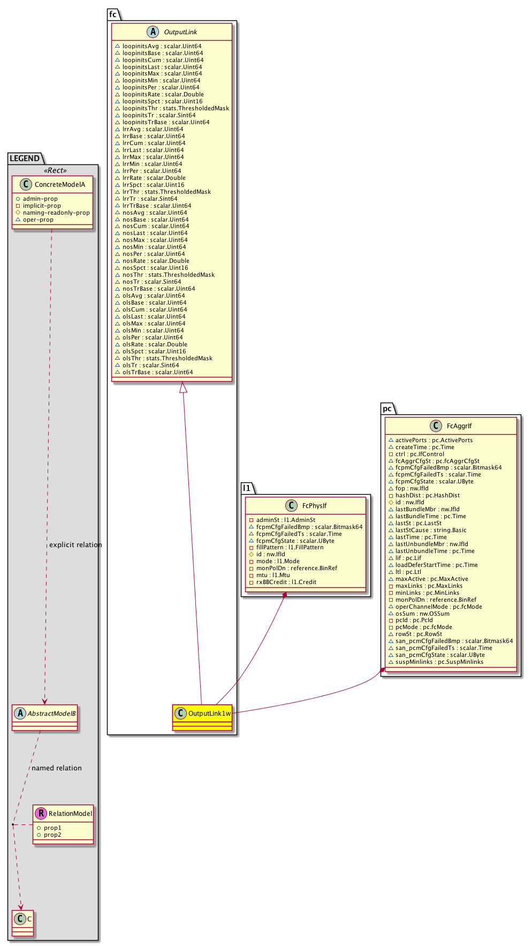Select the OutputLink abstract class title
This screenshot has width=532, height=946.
tap(180, 32)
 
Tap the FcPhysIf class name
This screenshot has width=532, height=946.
tap(314, 506)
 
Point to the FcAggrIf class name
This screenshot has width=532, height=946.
tap(459, 426)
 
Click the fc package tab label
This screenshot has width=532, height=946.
tap(113, 14)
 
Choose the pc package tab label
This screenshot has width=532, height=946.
tap(387, 408)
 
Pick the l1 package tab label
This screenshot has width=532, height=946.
tap(247, 488)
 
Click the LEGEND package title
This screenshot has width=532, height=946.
tap(25, 158)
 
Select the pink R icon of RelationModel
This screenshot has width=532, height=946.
tap(41, 814)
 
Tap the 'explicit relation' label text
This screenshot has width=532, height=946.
tap(75, 545)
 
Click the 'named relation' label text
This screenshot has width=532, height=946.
tap(57, 768)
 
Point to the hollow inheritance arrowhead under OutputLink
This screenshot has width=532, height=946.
tap(183, 388)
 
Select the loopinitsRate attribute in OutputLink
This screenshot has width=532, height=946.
tap(163, 95)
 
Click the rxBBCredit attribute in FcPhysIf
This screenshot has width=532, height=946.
tap(286, 582)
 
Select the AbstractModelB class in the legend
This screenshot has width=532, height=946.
tap(45, 714)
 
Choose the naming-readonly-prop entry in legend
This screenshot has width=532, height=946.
tap(56, 213)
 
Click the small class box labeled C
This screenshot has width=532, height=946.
tap(23, 919)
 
